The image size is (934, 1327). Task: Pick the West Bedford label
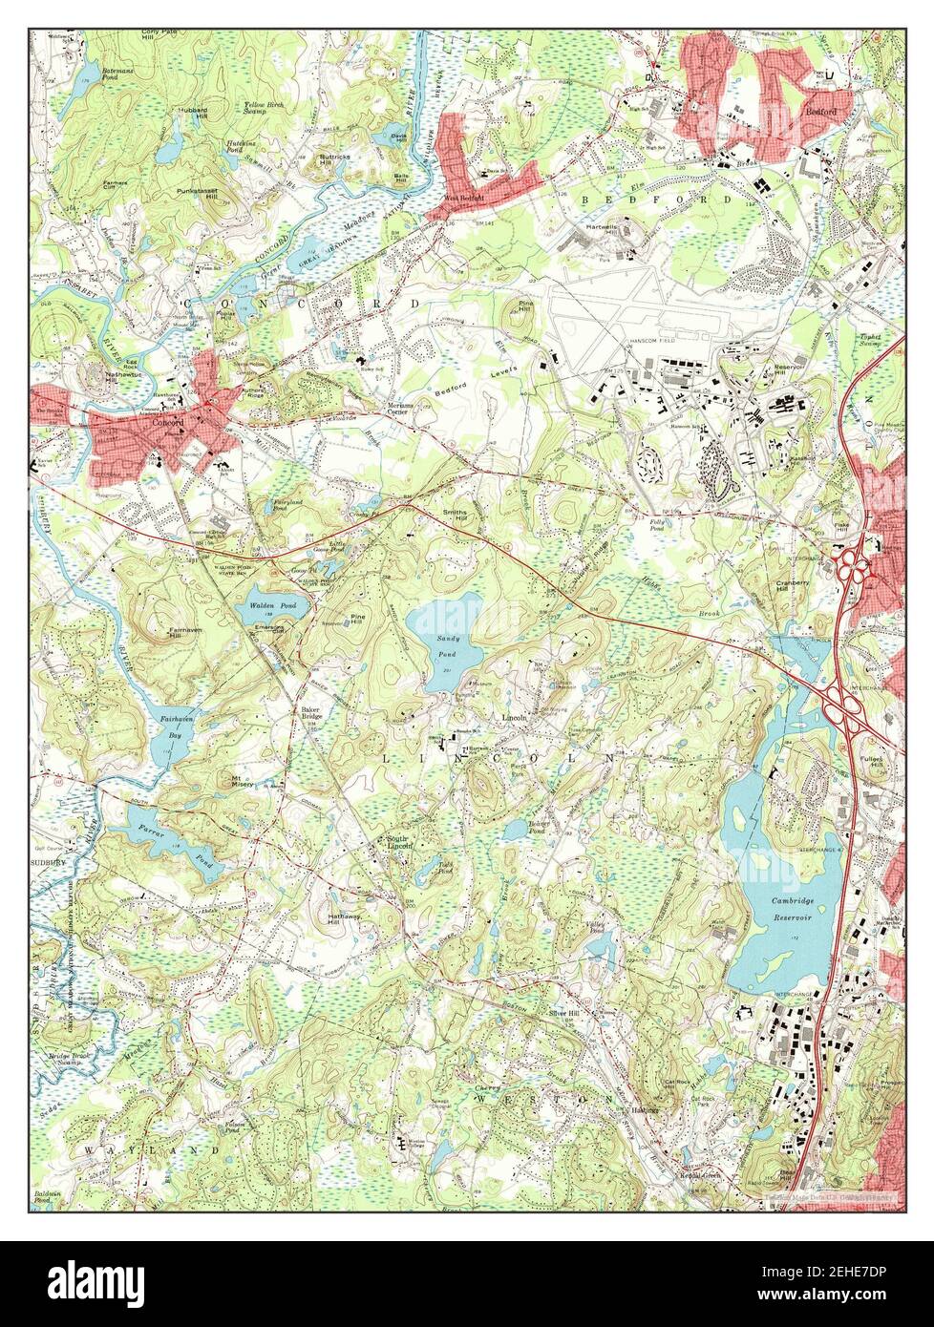click(463, 198)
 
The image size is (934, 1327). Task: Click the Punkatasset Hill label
click(203, 191)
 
